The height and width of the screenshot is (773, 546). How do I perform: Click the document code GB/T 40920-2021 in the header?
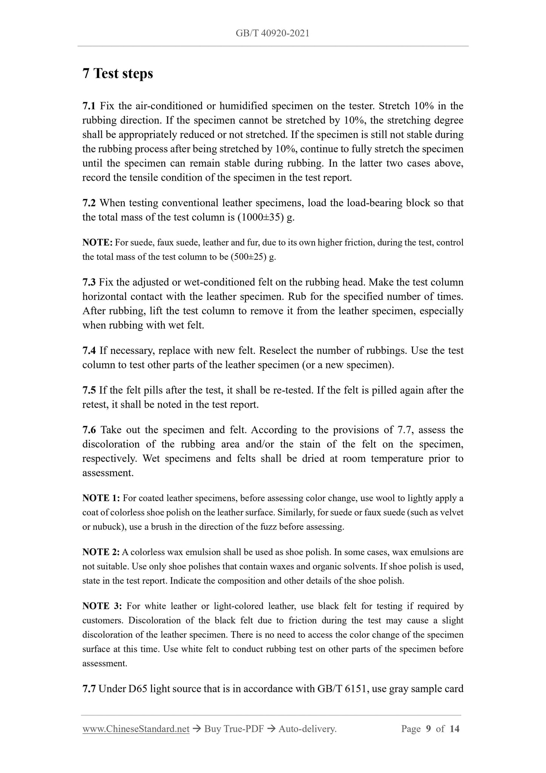click(x=272, y=33)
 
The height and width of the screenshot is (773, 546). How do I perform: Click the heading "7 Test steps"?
click(x=118, y=73)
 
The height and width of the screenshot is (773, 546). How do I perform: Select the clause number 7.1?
click(x=89, y=106)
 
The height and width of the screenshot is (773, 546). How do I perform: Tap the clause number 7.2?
click(x=89, y=203)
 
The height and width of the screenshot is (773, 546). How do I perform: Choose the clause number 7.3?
click(x=89, y=283)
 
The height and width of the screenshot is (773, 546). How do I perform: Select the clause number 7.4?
click(x=89, y=351)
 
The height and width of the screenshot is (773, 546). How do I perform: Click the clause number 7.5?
click(x=89, y=390)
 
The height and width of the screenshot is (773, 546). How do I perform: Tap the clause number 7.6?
click(x=89, y=430)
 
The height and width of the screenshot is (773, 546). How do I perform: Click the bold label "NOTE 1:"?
click(x=101, y=498)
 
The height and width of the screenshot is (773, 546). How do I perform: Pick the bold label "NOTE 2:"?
click(x=101, y=552)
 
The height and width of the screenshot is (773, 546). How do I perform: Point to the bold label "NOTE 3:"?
click(x=102, y=606)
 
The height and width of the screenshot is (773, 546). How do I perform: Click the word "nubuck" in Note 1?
click(x=106, y=527)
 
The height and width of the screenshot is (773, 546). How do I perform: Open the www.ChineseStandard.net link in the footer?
click(x=136, y=729)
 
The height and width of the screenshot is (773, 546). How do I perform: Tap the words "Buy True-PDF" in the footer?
click(x=234, y=729)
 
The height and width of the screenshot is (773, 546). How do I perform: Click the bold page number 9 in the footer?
click(x=428, y=729)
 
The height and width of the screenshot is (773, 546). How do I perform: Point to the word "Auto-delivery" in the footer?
click(x=306, y=729)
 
